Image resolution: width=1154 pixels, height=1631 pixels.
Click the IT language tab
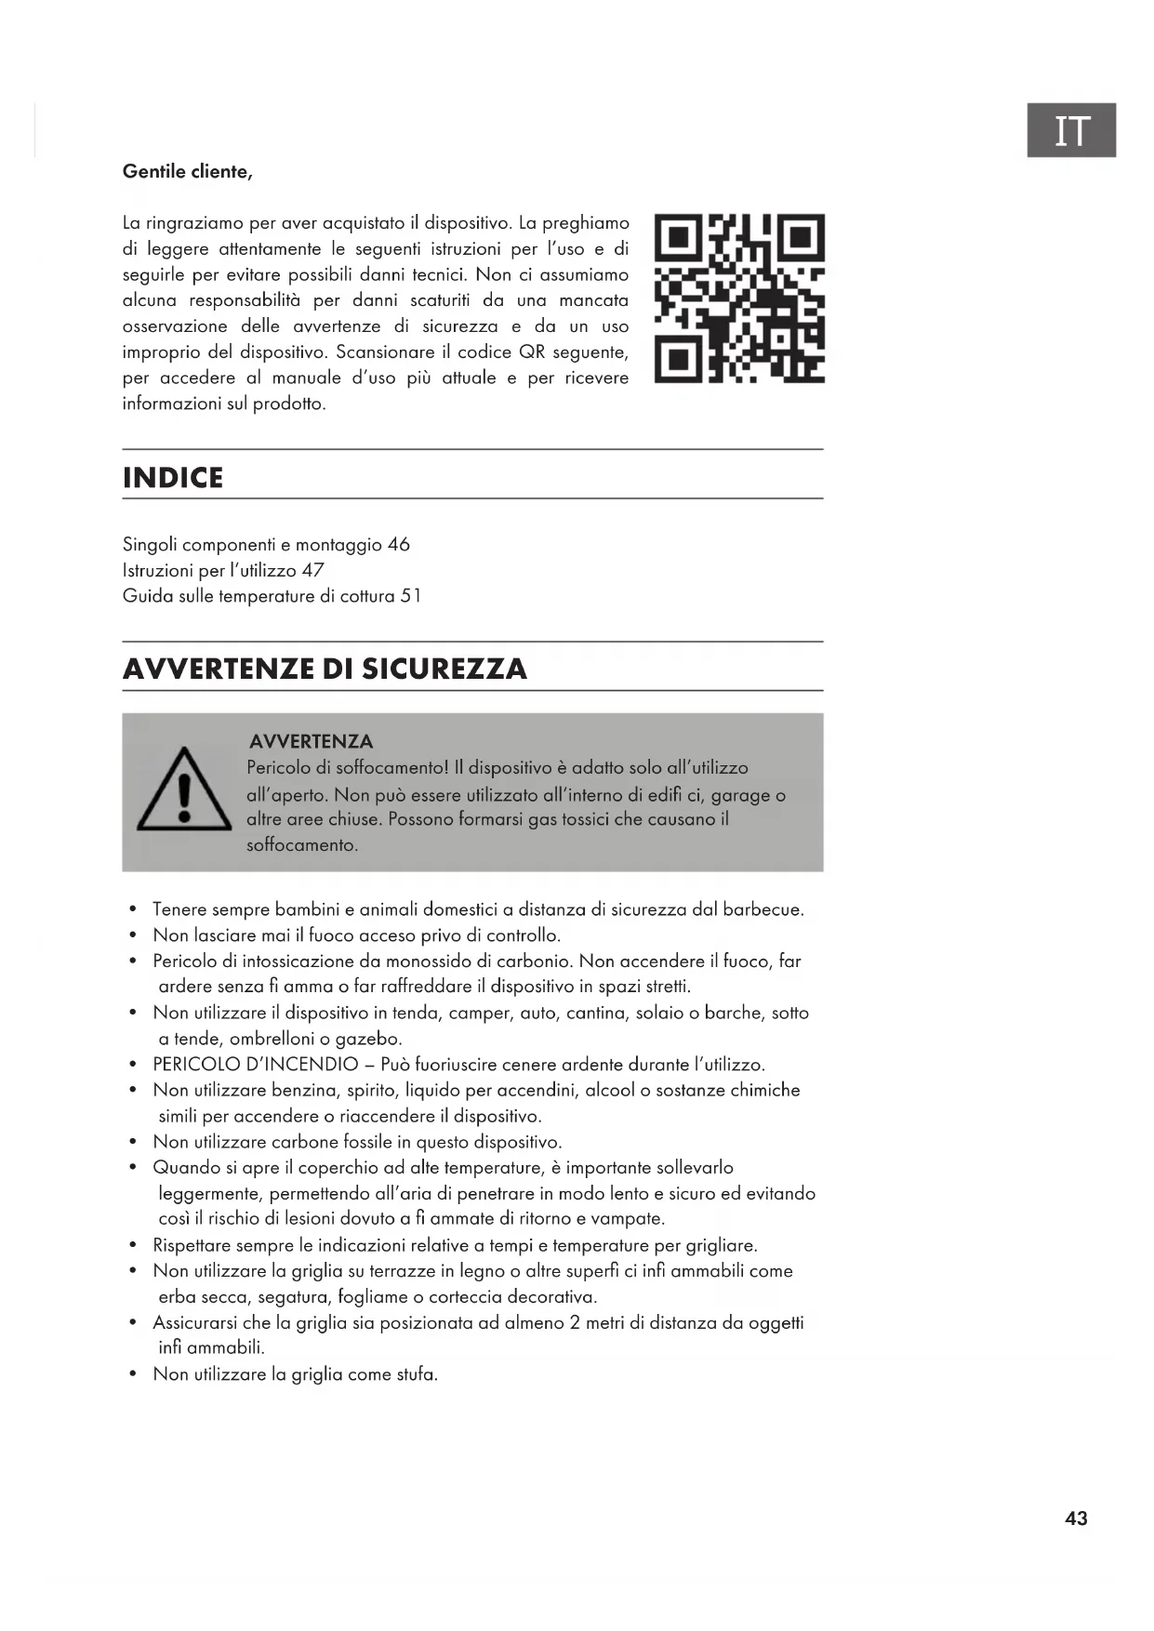(x=1070, y=130)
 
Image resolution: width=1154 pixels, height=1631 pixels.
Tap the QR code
(x=739, y=298)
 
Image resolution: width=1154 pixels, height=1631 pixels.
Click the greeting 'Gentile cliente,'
(x=187, y=172)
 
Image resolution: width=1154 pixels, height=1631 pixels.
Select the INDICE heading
(x=173, y=478)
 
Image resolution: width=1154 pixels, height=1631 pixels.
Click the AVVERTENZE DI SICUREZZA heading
(x=325, y=669)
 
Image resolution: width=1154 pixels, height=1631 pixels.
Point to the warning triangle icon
(x=183, y=790)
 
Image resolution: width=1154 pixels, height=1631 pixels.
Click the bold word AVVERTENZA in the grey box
(x=311, y=741)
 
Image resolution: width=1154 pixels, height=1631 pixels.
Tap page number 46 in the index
(x=398, y=545)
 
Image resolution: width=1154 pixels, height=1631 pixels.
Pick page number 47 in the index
(x=312, y=570)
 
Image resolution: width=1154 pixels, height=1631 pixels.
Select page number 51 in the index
(x=410, y=596)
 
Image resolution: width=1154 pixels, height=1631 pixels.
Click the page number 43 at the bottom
(x=1076, y=1518)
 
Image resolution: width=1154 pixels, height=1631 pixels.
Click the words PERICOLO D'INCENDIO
(x=256, y=1065)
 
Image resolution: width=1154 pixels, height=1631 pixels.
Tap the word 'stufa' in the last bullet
(x=416, y=1374)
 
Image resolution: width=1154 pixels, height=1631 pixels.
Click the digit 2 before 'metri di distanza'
(x=576, y=1322)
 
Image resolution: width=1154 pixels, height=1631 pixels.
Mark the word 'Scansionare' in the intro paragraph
(x=384, y=352)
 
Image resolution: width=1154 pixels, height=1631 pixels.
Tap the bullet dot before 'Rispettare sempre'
(x=133, y=1245)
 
